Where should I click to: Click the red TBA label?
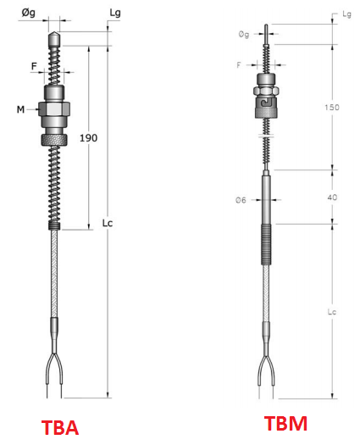tap(60, 427)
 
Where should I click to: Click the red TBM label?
tap(285, 423)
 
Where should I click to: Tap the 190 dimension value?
tap(88, 138)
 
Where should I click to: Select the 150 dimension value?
tap(332, 108)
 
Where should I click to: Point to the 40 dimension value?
tap(333, 197)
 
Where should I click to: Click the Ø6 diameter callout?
tap(241, 200)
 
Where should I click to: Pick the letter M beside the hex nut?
tap(20, 109)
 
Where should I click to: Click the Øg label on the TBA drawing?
tap(28, 13)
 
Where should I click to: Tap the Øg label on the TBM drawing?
tap(244, 35)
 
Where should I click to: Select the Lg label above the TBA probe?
tap(115, 13)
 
